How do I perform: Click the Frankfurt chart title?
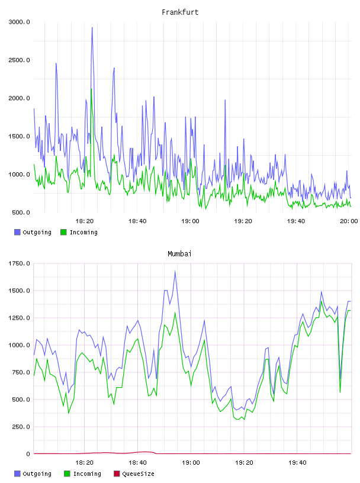click(180, 12)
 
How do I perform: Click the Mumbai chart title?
click(179, 254)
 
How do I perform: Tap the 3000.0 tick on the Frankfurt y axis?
click(19, 22)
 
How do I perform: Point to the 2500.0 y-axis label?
click(19, 60)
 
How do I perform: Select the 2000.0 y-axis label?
click(19, 98)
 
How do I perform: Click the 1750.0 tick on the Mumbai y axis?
click(19, 263)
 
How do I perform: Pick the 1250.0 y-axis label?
click(19, 318)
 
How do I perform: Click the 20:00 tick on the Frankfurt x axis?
click(349, 221)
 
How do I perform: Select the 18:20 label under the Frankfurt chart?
click(85, 221)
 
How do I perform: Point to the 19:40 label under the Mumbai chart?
click(297, 463)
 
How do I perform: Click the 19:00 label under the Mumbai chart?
click(191, 463)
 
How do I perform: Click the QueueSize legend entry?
click(134, 474)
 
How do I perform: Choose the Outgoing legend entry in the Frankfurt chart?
click(33, 232)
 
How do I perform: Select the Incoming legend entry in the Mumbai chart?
click(83, 474)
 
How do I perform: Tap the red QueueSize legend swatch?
click(117, 474)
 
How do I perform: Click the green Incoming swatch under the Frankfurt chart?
click(63, 232)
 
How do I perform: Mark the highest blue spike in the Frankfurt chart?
click(92, 28)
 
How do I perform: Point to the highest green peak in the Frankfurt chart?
click(91, 89)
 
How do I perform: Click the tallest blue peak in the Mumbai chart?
click(175, 271)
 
